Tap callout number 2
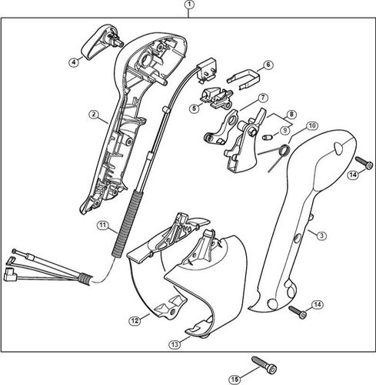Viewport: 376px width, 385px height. tap(93, 115)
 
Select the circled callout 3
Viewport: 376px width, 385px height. tap(321, 236)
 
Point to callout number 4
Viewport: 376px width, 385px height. tap(73, 62)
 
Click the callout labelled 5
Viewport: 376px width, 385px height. tap(194, 109)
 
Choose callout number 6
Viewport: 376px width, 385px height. tap(268, 65)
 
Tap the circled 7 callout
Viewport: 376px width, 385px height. tap(262, 98)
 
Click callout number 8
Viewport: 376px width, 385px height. tap(291, 115)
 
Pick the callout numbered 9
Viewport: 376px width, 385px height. tap(284, 130)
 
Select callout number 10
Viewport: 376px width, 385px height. tap(311, 126)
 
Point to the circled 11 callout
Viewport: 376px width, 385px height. tap(101, 225)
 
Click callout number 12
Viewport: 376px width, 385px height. tap(134, 320)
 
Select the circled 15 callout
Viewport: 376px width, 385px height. tap(235, 377)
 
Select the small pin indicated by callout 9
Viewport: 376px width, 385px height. tap(266, 137)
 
